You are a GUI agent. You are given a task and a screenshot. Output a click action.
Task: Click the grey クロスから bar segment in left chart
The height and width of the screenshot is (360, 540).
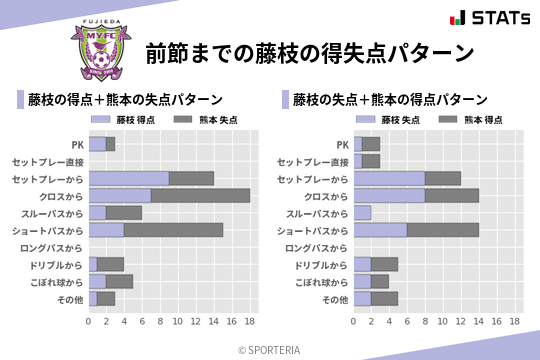pos(200,196)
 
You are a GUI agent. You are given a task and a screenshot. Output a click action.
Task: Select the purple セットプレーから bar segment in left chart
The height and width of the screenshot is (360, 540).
pos(128,179)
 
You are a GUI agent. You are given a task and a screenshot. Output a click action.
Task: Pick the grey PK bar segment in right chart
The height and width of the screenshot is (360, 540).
pos(371,145)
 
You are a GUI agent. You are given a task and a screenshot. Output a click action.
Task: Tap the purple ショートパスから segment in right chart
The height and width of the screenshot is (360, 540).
pos(380,230)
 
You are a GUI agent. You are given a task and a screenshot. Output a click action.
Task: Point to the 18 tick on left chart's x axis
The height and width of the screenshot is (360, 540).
pos(250,322)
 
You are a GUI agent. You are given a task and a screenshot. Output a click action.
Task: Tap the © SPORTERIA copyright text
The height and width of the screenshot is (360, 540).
pos(270,349)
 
